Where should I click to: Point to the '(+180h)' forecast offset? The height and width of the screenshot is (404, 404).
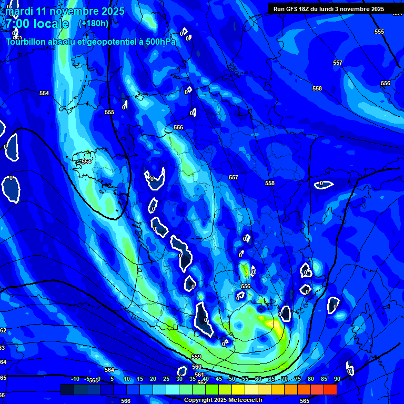pyautogui.click(x=93, y=24)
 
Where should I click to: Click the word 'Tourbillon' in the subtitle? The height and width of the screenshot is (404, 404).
pyautogui.click(x=27, y=42)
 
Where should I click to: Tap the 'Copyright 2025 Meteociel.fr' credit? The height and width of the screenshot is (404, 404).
pyautogui.click(x=223, y=400)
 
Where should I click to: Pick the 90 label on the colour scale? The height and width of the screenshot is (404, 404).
pyautogui.click(x=337, y=379)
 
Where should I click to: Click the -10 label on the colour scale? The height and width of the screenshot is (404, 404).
pyautogui.click(x=75, y=379)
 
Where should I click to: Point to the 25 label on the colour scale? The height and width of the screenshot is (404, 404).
pyautogui.click(x=166, y=379)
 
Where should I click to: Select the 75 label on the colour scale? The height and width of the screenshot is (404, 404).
pyautogui.click(x=297, y=379)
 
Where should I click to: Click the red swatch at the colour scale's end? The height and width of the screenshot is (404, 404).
pyautogui.click(x=330, y=389)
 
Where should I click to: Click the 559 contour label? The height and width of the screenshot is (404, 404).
pyautogui.click(x=196, y=357)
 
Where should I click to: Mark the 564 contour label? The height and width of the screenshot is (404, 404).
pyautogui.click(x=109, y=370)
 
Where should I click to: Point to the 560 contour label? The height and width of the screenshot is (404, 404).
pyautogui.click(x=197, y=367)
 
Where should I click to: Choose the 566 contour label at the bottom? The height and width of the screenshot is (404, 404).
pyautogui.click(x=126, y=401)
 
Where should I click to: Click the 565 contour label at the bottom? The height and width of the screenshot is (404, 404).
pyautogui.click(x=305, y=401)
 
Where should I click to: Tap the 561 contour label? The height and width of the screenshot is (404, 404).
pyautogui.click(x=199, y=375)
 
